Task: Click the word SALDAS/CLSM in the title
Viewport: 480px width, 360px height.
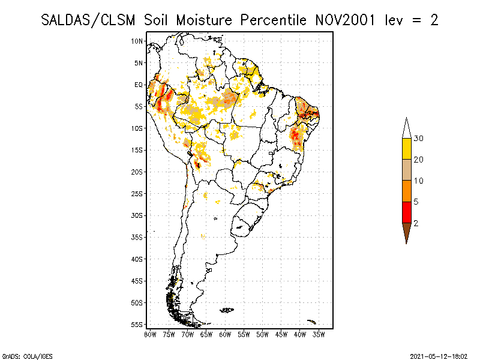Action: click(90, 20)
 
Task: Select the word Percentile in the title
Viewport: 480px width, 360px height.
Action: click(274, 20)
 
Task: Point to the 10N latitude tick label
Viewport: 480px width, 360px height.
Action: click(137, 41)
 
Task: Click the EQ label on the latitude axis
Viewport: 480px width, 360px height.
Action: click(139, 85)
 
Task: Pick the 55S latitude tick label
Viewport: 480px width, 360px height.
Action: click(137, 325)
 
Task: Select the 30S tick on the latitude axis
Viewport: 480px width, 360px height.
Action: click(137, 215)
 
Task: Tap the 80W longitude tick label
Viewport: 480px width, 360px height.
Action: click(150, 334)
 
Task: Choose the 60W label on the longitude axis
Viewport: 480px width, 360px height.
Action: click(225, 334)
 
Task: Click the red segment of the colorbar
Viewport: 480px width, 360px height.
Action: click(406, 212)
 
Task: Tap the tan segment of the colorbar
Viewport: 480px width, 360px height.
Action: click(406, 170)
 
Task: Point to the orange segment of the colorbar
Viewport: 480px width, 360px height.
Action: click(406, 191)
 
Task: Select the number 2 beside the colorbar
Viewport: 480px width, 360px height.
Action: click(416, 223)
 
